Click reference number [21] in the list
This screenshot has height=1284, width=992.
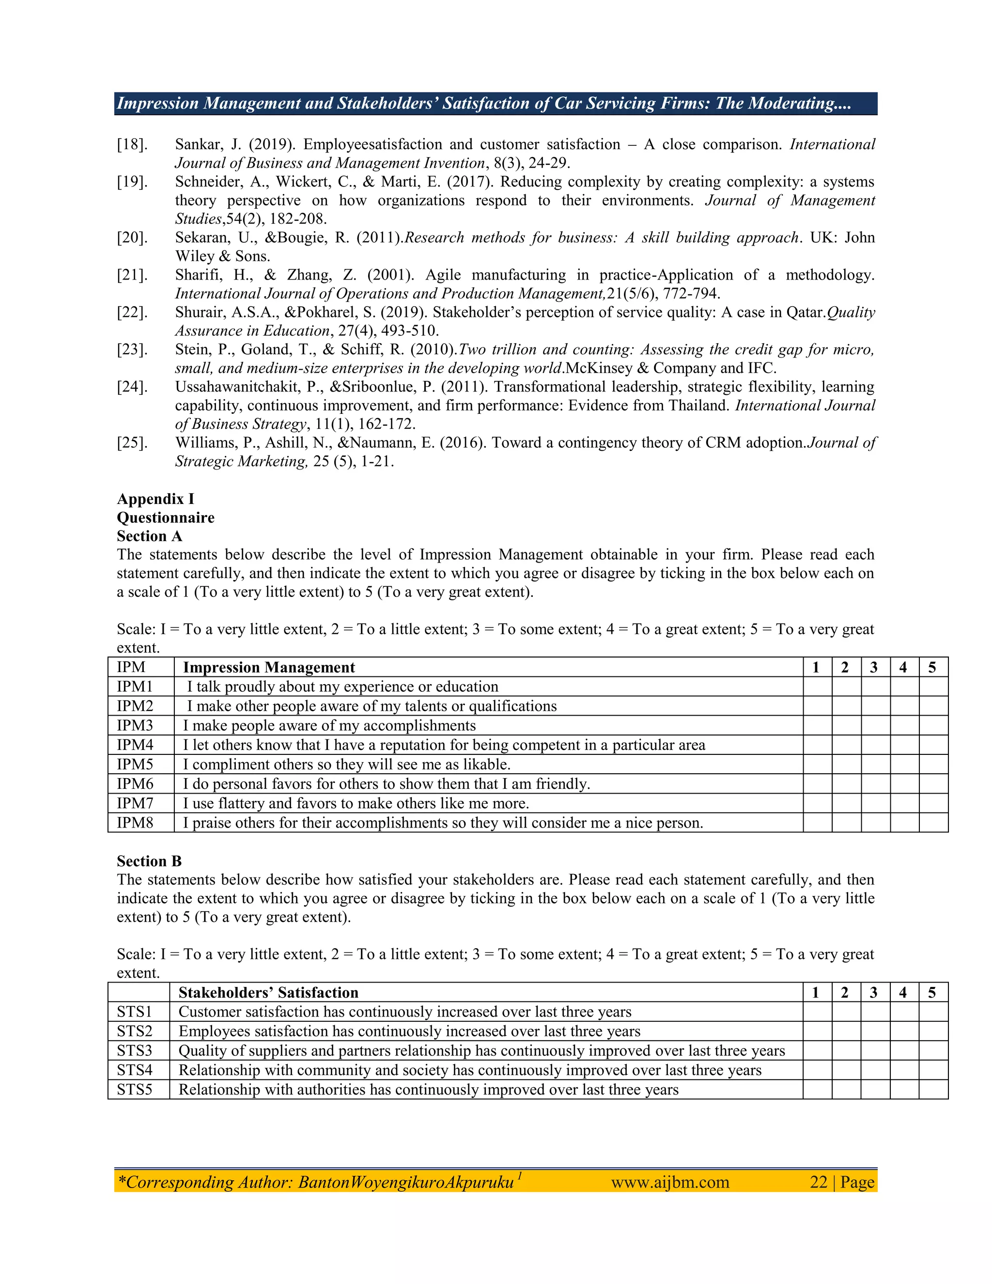132,275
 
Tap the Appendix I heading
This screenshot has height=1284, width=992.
155,499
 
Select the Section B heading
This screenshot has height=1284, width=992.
149,861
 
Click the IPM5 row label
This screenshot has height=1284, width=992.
135,764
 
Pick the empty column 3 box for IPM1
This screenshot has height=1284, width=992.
875,687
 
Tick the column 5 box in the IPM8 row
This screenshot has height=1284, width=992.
933,823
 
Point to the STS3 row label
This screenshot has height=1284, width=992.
135,1050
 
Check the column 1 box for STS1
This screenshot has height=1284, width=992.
817,1012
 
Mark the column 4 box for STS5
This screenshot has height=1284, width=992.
904,1089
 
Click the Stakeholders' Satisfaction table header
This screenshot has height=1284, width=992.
268,992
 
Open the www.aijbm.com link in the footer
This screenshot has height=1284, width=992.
670,1182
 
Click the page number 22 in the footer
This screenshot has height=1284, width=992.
819,1182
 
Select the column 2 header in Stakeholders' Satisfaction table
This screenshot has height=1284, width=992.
845,992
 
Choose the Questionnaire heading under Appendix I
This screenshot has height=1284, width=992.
166,518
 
